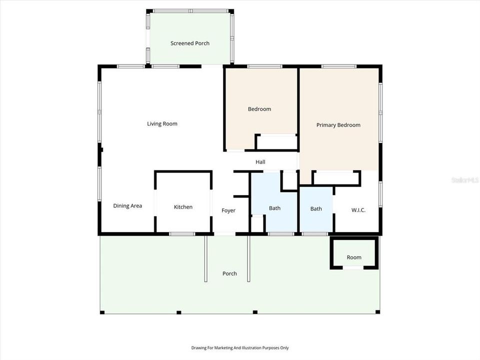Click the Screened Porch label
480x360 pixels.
(x=190, y=43)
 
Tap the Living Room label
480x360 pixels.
(x=162, y=124)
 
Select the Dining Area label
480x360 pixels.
(x=127, y=206)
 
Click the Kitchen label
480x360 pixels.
(x=183, y=207)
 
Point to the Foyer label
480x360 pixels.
(x=228, y=211)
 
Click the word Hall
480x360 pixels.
(x=260, y=162)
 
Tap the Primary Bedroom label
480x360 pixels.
(x=338, y=125)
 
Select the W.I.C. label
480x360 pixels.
(x=358, y=210)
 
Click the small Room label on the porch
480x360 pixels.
(x=354, y=257)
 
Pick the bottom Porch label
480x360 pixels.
(x=229, y=274)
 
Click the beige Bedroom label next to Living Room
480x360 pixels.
(x=259, y=109)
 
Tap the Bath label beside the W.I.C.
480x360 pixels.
(x=316, y=209)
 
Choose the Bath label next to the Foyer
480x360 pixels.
(x=275, y=208)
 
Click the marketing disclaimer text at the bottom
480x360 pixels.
(x=240, y=348)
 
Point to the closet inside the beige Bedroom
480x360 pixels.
(x=276, y=142)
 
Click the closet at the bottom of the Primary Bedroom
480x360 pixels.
(x=336, y=178)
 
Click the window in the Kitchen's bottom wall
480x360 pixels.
(x=182, y=233)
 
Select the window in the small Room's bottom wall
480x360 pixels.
(x=353, y=268)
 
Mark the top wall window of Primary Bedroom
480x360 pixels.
(x=338, y=66)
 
